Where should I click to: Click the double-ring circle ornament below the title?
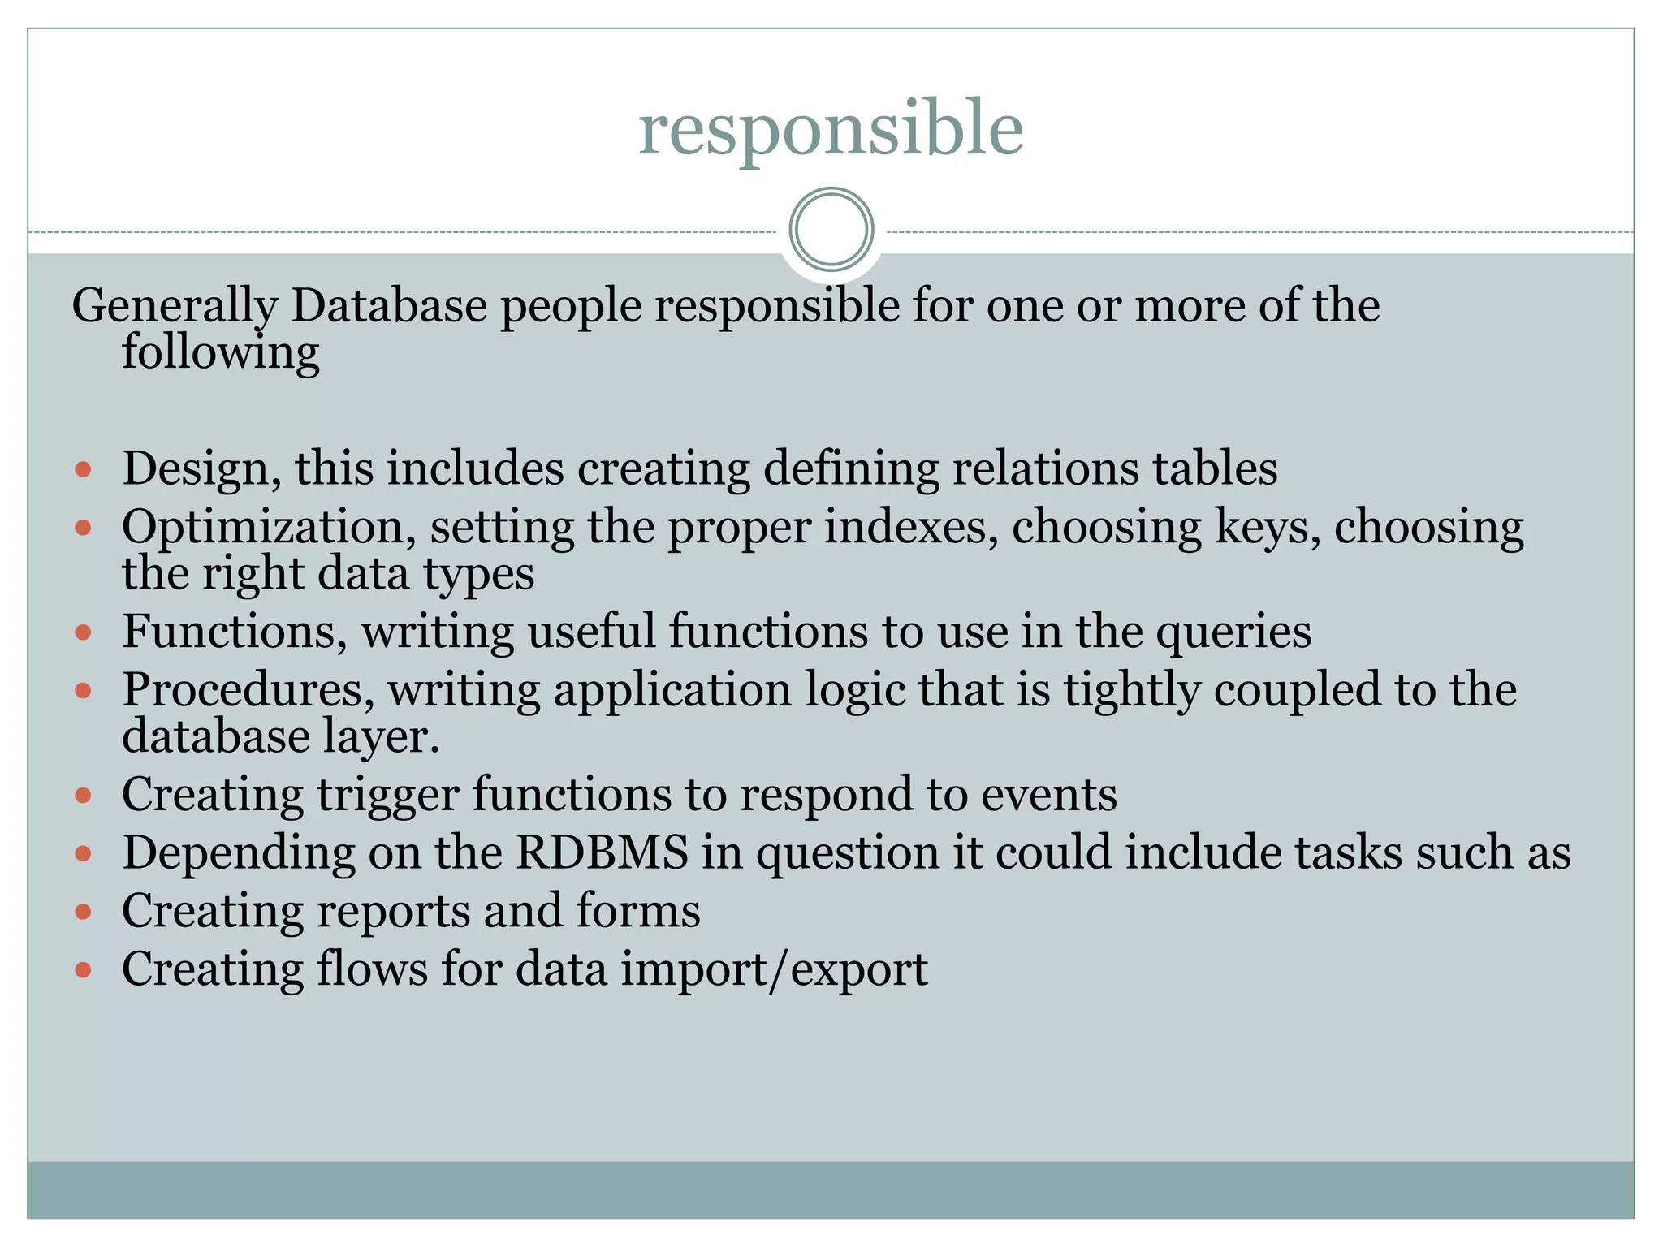[x=831, y=230]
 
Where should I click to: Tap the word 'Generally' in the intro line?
[x=175, y=308]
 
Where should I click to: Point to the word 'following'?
[x=220, y=354]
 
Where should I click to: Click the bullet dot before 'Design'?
[x=83, y=469]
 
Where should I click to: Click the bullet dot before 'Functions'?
[x=83, y=632]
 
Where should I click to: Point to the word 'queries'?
[x=1233, y=633]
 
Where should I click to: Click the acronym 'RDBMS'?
[x=602, y=852]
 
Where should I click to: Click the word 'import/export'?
[x=774, y=969]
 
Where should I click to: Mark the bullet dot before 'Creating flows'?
[x=83, y=969]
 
